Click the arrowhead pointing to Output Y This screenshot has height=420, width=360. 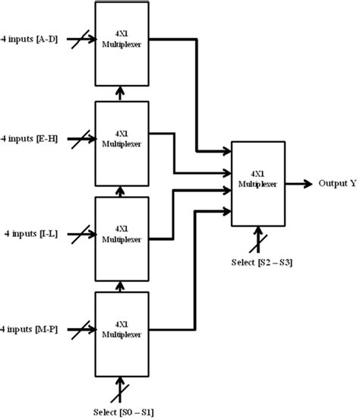(x=307, y=183)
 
